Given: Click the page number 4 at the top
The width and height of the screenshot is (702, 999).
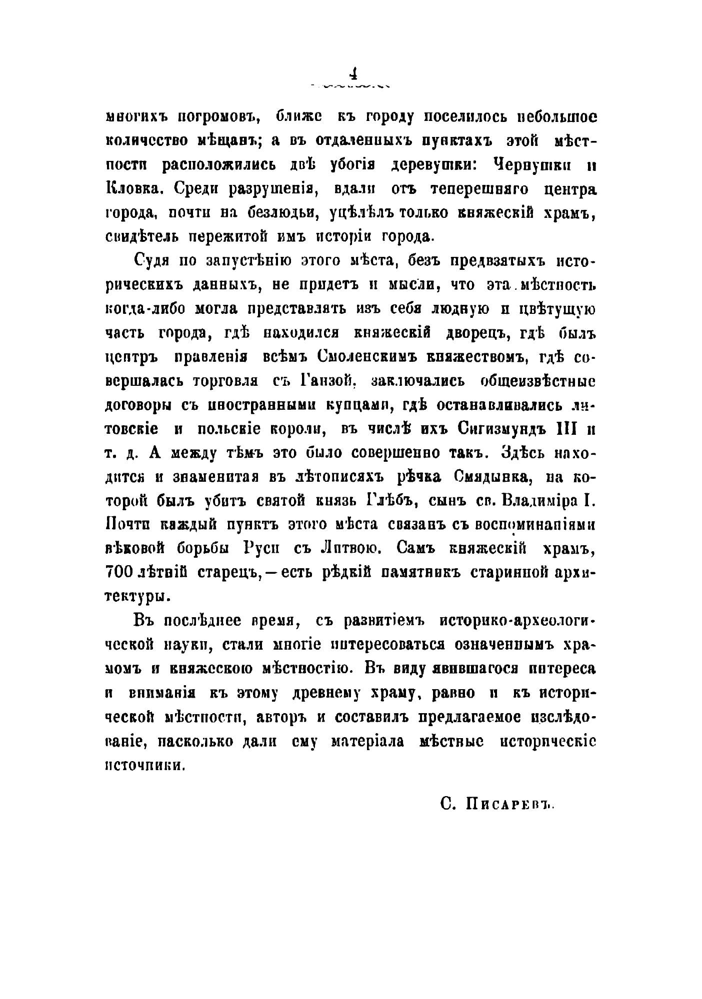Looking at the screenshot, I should tap(353, 74).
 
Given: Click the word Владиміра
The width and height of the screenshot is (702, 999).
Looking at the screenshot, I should tap(542, 501).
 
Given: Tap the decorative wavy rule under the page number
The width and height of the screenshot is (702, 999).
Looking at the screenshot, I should tap(353, 86).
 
